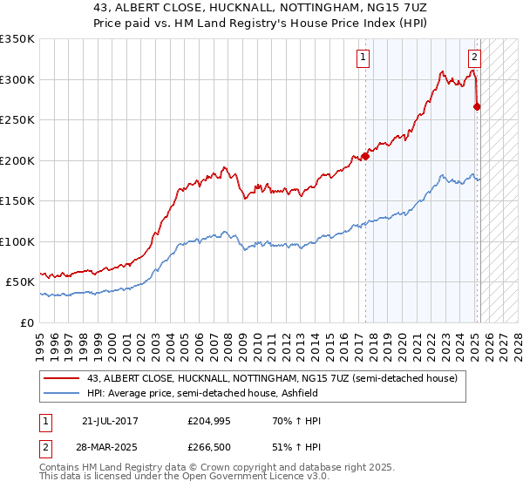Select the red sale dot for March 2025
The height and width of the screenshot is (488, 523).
[477, 107]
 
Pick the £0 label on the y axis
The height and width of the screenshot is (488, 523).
[27, 322]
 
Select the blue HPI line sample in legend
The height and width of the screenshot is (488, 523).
[62, 393]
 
